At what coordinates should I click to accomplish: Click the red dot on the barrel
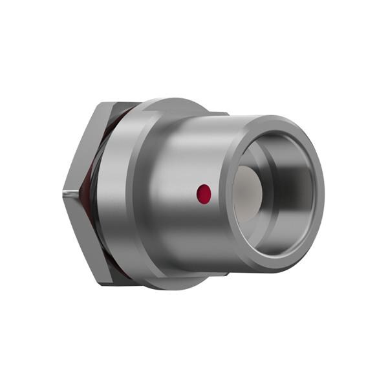(204, 192)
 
